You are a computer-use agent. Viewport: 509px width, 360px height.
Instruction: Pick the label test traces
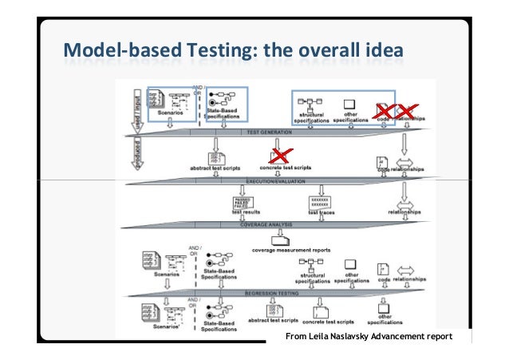point(321,212)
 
